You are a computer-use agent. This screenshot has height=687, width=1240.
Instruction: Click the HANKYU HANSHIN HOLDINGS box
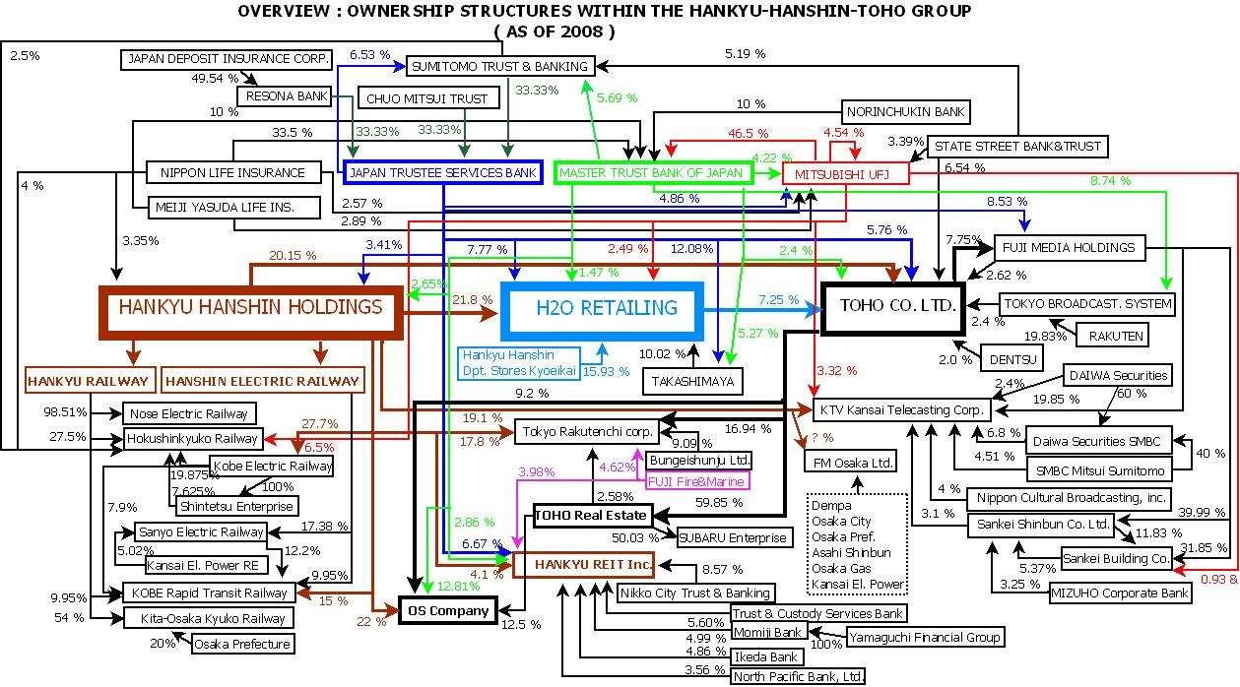pos(250,308)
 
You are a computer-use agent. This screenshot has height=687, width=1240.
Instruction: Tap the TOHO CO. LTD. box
pos(897,305)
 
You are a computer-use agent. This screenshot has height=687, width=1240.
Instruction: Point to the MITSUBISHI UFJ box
pos(844,174)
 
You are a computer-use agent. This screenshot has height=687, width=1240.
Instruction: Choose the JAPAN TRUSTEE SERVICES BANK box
pos(442,173)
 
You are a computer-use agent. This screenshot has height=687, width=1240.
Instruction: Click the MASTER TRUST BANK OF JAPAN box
pos(652,173)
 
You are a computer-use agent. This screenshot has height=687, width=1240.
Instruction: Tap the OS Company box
pos(448,611)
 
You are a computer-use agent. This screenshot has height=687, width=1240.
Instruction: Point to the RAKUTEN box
pos(1116,336)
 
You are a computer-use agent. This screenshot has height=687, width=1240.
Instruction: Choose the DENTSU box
pos(1011,359)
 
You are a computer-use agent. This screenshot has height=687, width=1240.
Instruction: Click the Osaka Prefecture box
pos(241,644)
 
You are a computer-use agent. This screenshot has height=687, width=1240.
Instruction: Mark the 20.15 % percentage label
pos(293,256)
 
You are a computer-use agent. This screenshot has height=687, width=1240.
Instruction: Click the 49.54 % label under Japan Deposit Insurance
pos(216,78)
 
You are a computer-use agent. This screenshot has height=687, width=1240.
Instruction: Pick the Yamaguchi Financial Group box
pos(925,637)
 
